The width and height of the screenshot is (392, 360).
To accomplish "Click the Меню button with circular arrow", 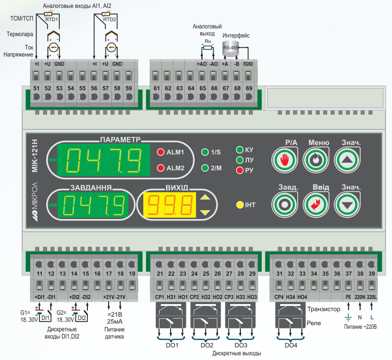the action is click(316, 160).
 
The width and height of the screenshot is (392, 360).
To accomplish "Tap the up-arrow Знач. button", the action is click(347, 160).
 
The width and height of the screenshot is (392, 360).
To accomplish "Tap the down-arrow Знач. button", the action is click(347, 205).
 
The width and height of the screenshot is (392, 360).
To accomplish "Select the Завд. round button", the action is click(284, 205).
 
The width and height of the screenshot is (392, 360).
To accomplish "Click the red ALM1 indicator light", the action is click(160, 152).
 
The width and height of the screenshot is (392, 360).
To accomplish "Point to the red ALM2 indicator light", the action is click(160, 168).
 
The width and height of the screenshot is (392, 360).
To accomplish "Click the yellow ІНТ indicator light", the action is click(240, 205).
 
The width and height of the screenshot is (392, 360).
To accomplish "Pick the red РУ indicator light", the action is click(240, 170).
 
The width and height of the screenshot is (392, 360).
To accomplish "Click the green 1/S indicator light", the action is click(205, 152).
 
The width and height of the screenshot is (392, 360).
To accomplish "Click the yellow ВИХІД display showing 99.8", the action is click(170, 205).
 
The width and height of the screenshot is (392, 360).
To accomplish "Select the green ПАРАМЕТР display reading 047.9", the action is click(104, 160).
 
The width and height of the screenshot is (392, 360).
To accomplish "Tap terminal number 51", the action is click(37, 88).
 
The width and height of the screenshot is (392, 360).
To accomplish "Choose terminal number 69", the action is click(249, 88).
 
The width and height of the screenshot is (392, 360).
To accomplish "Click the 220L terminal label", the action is click(372, 297).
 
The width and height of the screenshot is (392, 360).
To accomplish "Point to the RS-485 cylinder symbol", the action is click(231, 48).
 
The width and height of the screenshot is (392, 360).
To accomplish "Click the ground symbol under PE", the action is click(348, 318).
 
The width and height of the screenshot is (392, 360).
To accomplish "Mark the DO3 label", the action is click(241, 345).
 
